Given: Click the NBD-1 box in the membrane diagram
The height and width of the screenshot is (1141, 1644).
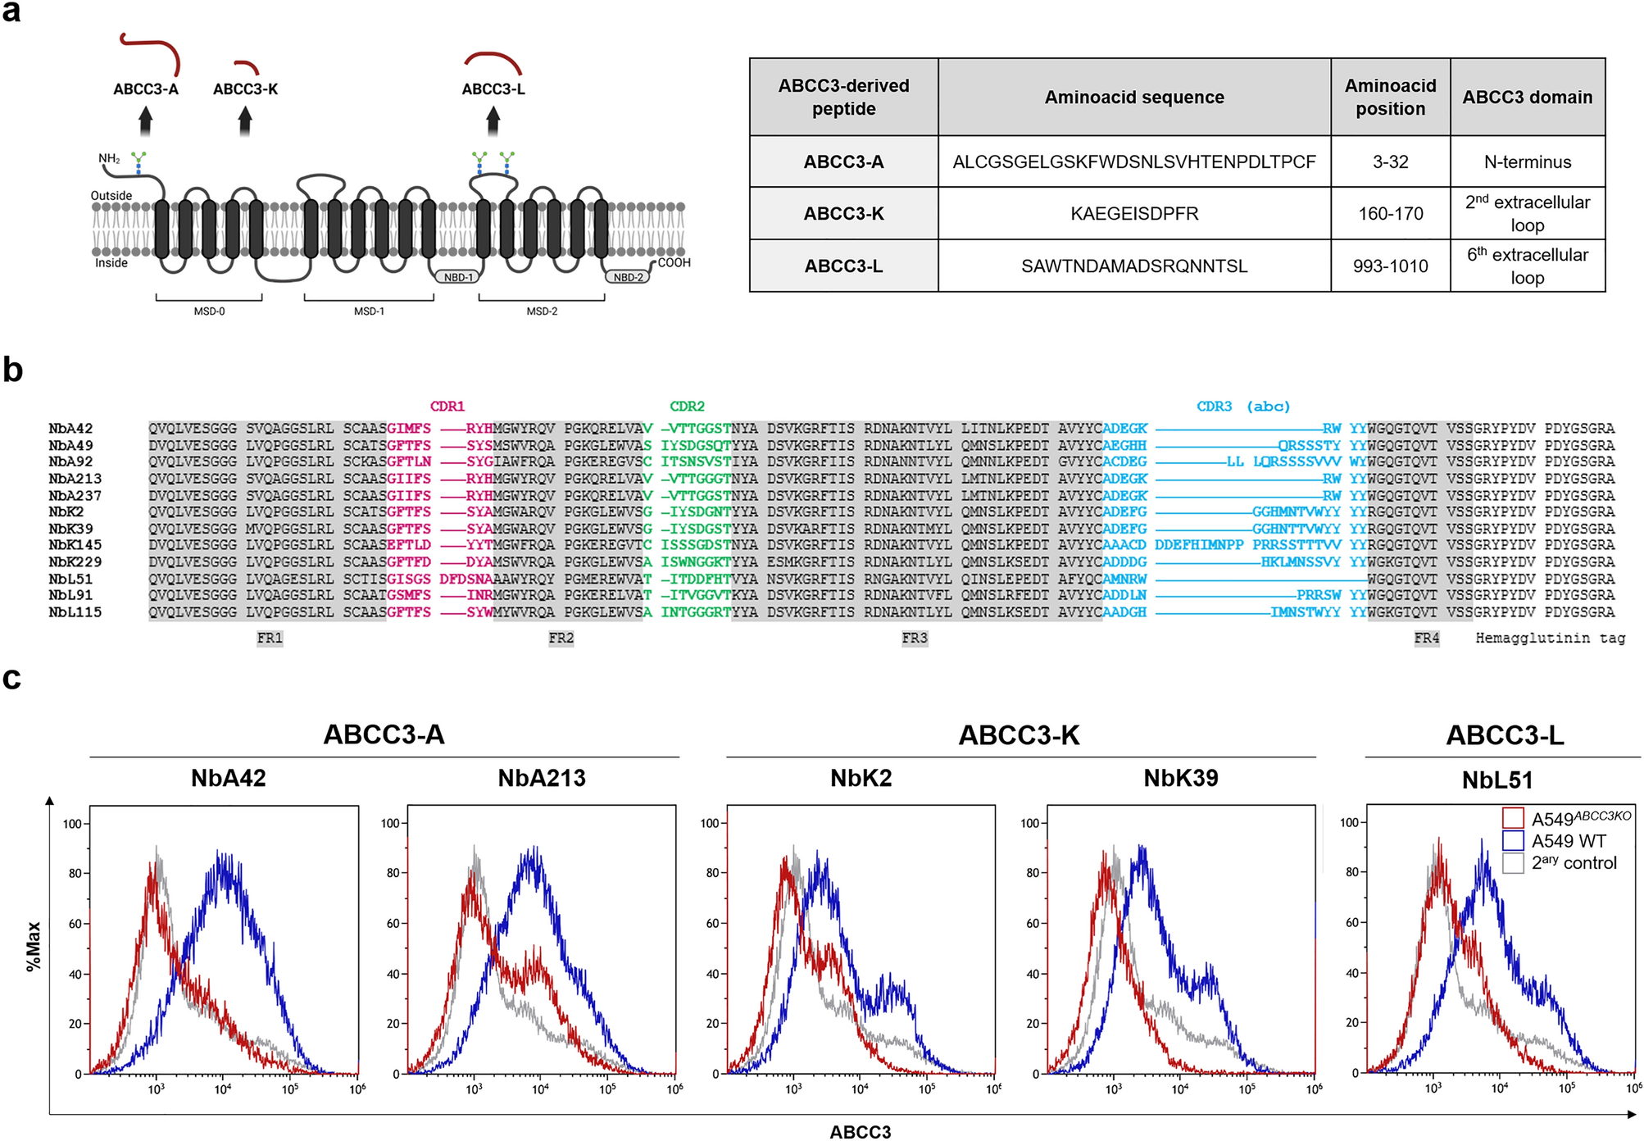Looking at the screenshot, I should (x=458, y=277).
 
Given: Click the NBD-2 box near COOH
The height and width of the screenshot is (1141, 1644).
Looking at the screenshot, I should (x=628, y=277).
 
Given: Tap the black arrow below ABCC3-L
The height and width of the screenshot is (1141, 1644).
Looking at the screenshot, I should (x=493, y=121).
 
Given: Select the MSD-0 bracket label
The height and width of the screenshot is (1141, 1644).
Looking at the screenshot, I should (x=209, y=311).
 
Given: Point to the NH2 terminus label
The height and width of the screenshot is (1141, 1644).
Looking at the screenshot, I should (x=109, y=158).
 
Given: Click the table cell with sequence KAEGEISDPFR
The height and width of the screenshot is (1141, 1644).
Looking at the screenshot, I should (x=1133, y=214).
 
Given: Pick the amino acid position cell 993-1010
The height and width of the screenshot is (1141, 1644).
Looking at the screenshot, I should (x=1390, y=266).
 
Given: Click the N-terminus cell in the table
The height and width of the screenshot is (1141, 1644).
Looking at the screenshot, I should (x=1527, y=162).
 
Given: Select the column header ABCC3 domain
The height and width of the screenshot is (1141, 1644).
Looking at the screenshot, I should (x=1527, y=98).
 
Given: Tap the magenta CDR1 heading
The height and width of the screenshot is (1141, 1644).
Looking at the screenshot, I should (x=447, y=407).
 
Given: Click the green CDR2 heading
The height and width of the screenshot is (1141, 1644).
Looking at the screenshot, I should (x=687, y=407).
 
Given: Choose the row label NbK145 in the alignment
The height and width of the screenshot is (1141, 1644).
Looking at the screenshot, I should (x=75, y=545).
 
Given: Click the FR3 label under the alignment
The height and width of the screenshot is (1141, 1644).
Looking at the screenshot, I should (x=915, y=638).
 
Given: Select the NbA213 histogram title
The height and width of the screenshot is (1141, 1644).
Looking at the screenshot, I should (x=542, y=778).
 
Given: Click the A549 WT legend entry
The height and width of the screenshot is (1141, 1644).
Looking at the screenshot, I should (x=1568, y=841).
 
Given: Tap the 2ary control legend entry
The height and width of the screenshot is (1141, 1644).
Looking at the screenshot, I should (x=1573, y=863).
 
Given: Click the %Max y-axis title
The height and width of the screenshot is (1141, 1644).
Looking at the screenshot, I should (x=34, y=946).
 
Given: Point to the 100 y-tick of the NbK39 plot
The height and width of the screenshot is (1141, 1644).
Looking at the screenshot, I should (x=1029, y=823).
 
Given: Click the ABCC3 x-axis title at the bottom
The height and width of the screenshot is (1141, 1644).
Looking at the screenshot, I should (x=860, y=1132).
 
